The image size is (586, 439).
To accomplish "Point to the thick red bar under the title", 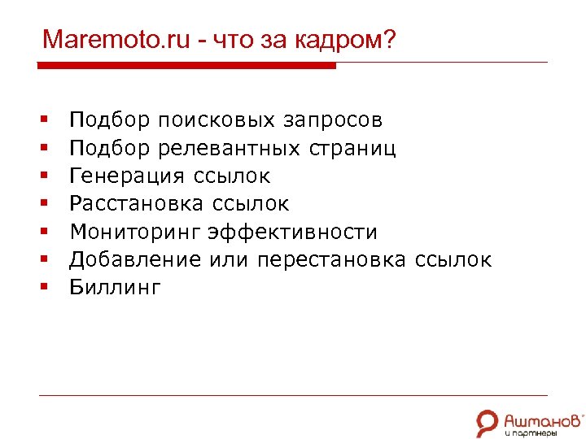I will (x=187, y=66).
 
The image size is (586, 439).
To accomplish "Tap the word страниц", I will (x=352, y=149).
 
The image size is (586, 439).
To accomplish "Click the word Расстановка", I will (x=137, y=204).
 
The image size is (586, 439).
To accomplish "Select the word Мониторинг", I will (x=134, y=232).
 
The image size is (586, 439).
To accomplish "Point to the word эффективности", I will (x=292, y=232).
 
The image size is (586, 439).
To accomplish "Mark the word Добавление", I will (x=134, y=259).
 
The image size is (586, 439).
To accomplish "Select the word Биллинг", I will (x=115, y=287).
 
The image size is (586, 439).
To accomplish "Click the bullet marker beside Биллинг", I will (x=42, y=287).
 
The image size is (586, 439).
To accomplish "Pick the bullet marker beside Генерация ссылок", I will (x=42, y=176).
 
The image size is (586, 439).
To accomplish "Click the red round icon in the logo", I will (x=487, y=420).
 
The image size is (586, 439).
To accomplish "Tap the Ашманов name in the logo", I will (x=543, y=418).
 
